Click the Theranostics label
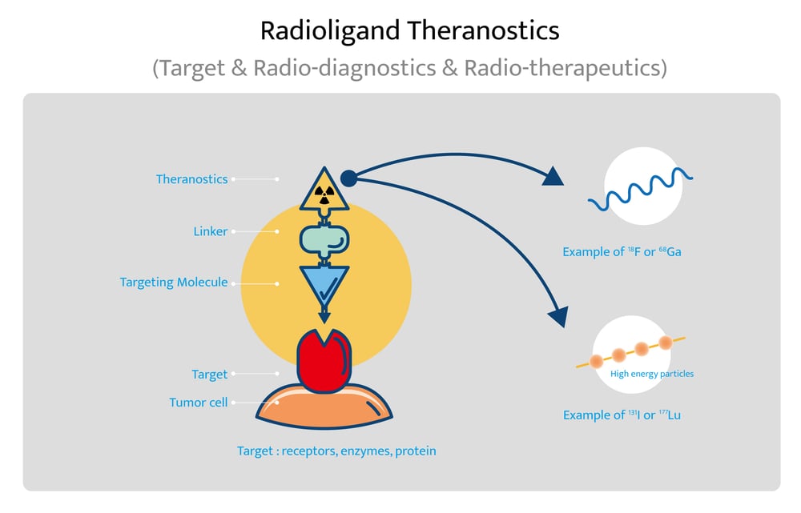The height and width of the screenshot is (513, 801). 191,179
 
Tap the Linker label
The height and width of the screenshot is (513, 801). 211,232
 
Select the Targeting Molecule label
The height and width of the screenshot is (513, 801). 174,283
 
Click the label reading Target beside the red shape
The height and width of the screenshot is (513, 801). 209,374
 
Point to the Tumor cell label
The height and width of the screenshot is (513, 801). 198,403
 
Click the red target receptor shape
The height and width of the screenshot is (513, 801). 324,360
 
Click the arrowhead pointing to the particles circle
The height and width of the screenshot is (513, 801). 557,315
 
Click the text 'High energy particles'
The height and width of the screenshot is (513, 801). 651,374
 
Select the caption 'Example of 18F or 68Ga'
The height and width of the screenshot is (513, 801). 622,252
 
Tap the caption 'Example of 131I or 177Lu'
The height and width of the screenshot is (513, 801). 622,415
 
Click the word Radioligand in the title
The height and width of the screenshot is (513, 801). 330,31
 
